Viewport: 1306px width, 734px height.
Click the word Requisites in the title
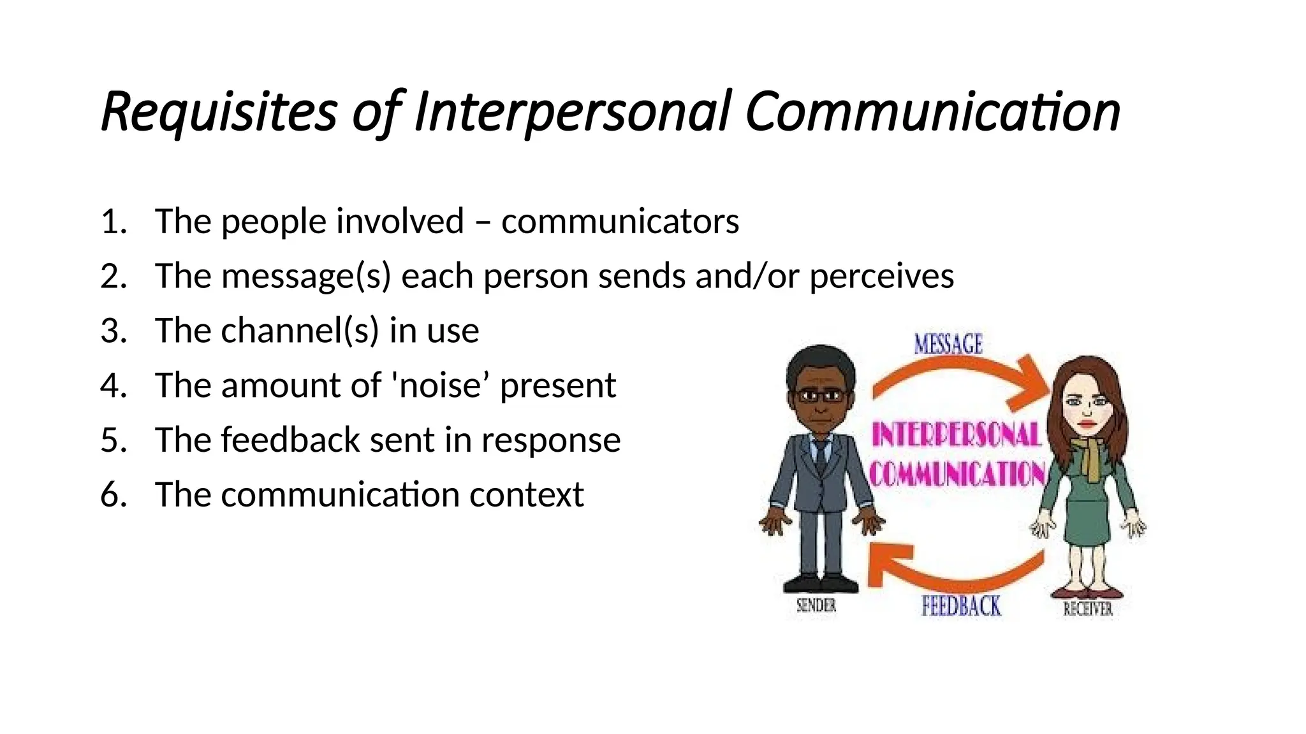[219, 112]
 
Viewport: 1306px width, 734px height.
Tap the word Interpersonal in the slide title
[571, 112]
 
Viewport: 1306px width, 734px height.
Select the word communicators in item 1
[620, 222]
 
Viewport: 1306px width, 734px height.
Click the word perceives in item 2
[881, 277]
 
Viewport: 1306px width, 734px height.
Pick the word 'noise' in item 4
[439, 385]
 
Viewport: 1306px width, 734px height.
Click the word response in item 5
[550, 440]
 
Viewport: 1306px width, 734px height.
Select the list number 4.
[114, 385]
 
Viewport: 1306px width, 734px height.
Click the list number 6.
[114, 494]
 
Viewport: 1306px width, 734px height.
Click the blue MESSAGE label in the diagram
[948, 344]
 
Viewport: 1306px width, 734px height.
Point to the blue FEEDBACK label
[961, 606]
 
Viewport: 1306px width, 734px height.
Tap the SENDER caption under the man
[816, 605]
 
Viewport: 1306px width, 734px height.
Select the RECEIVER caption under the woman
[1088, 608]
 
